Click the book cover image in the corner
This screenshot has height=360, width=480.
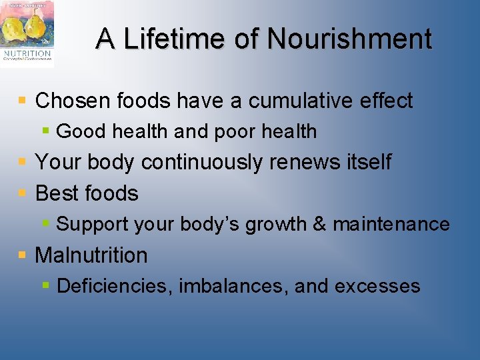(x=27, y=33)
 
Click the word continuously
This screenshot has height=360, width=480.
(x=210, y=162)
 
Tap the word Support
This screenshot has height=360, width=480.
(x=93, y=224)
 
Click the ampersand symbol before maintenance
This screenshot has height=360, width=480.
(x=319, y=224)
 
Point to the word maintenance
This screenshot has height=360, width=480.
(x=391, y=224)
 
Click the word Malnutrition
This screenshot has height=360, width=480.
(x=91, y=255)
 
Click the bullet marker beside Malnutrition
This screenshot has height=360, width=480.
(x=23, y=255)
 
